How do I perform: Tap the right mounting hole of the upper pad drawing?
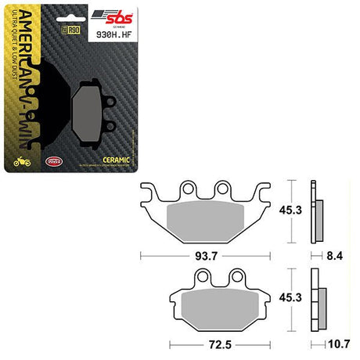pyautogui.click(x=222, y=188)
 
